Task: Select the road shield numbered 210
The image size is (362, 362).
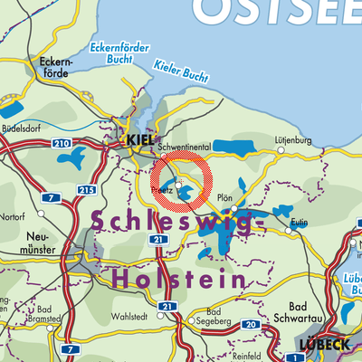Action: (x=62, y=145)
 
